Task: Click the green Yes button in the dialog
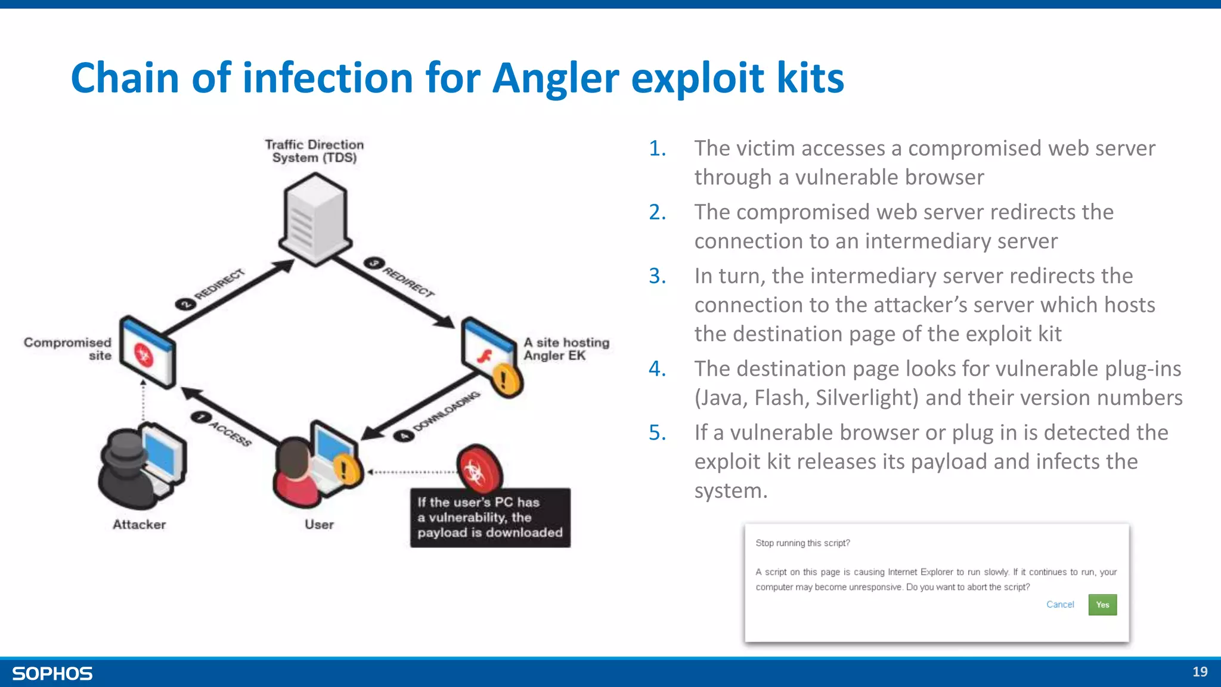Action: click(x=1102, y=605)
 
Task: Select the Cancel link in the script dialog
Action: click(x=1060, y=605)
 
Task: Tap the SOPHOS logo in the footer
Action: click(x=52, y=673)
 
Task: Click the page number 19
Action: click(x=1200, y=672)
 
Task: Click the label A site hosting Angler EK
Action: click(x=566, y=349)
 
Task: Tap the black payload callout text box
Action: click(x=490, y=518)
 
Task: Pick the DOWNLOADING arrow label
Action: click(x=447, y=411)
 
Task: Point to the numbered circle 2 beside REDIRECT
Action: click(x=185, y=304)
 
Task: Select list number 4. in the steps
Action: click(x=658, y=369)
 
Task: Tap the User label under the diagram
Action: click(x=319, y=525)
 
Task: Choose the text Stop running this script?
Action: click(x=802, y=543)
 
